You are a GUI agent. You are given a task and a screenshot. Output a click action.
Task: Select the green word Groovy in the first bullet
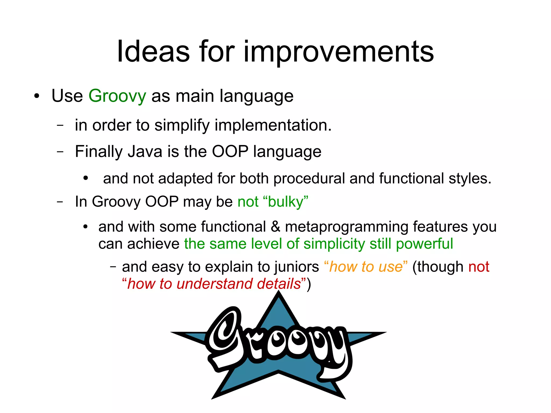[x=117, y=96]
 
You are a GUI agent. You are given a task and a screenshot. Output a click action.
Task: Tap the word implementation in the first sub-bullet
[x=273, y=125]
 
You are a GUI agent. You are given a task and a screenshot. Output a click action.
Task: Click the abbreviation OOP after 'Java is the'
[x=230, y=151]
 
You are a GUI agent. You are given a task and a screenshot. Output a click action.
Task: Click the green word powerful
[x=424, y=244]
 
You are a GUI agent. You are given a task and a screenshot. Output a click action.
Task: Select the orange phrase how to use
[x=366, y=267]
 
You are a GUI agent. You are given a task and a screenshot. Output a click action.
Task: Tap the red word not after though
[x=479, y=267]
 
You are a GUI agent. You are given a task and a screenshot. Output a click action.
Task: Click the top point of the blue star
[x=279, y=294]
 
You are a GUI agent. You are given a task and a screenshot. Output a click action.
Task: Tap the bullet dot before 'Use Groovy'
[x=37, y=96]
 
